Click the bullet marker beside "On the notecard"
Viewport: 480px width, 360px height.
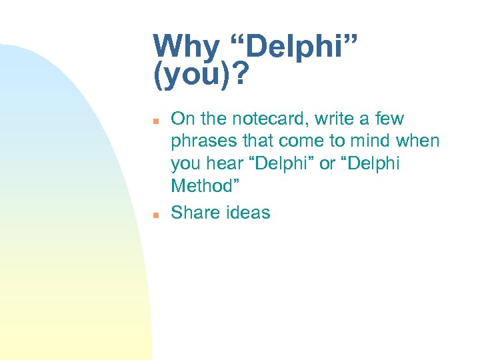[x=155, y=121]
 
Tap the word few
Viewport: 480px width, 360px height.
[x=389, y=119]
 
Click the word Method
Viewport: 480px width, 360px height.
[x=203, y=186]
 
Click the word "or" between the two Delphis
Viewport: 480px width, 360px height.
[x=327, y=164]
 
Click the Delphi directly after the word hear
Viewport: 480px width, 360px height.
[x=283, y=164]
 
